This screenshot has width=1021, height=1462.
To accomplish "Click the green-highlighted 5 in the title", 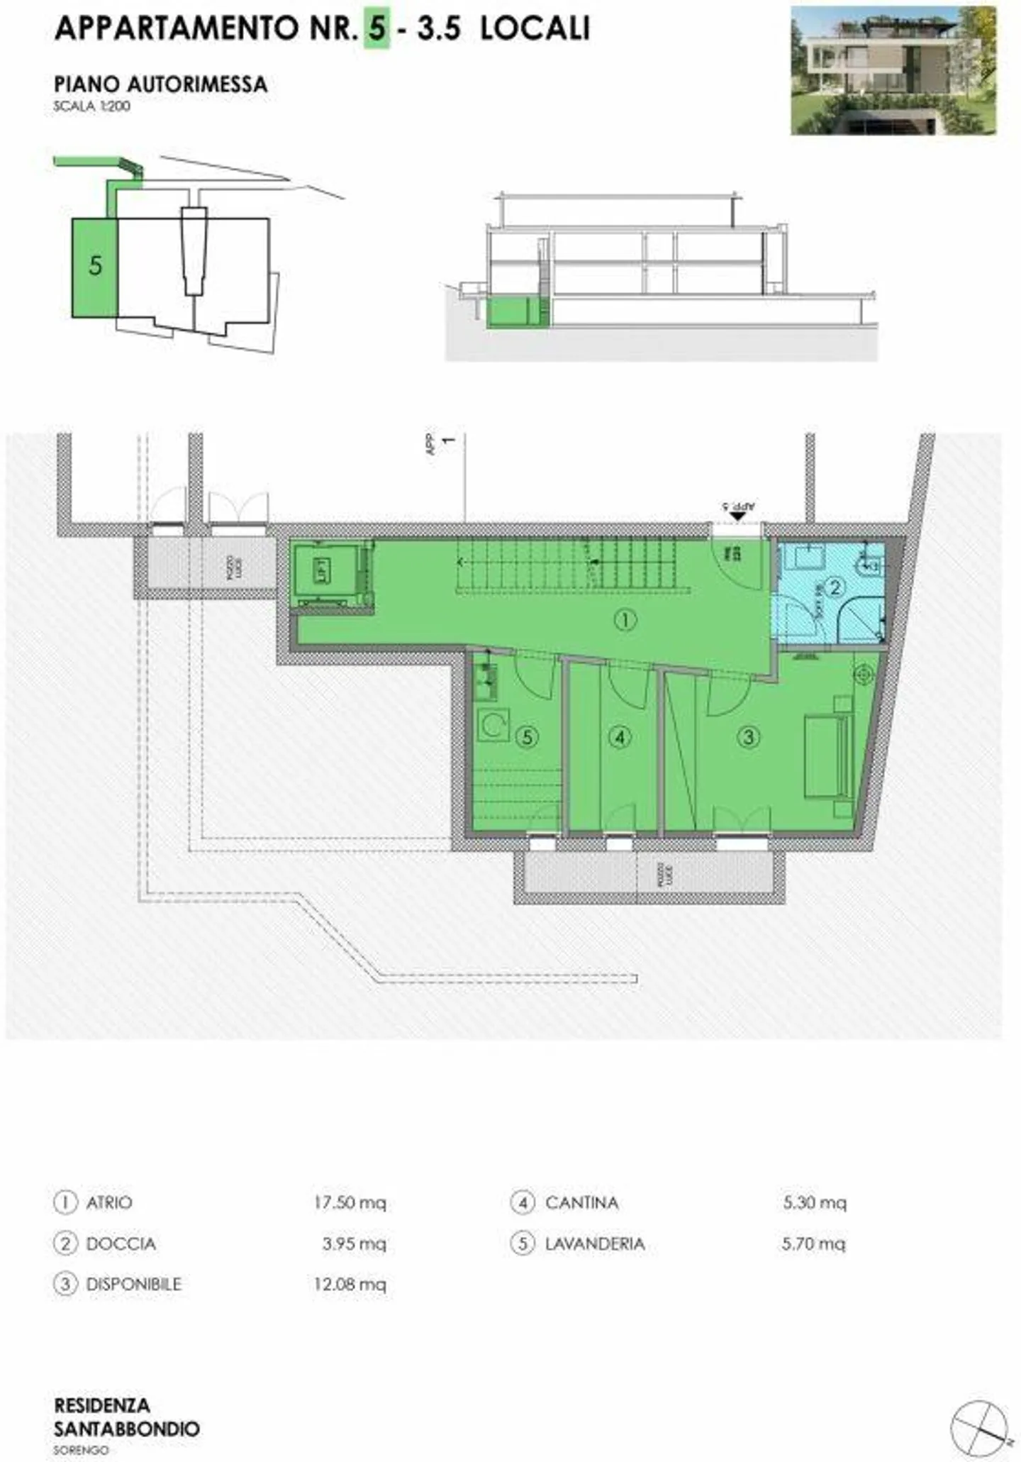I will coord(376,29).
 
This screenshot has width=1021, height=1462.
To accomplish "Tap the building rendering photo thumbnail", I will coord(893,71).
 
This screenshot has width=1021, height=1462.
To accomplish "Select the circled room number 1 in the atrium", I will coord(625,621).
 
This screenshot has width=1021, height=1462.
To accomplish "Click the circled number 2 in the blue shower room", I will coord(835,587).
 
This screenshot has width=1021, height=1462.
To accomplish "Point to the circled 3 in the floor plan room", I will coord(748,738).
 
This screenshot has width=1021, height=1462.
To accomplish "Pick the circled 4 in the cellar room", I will coord(620,738).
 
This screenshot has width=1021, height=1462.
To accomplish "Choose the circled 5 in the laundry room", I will coord(527,738).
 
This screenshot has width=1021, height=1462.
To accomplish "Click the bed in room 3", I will coord(828,756).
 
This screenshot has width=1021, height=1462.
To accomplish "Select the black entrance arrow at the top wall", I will coord(737,516).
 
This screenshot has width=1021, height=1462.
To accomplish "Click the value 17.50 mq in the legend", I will coord(350,1202).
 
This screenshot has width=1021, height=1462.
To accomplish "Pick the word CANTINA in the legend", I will coord(582,1202).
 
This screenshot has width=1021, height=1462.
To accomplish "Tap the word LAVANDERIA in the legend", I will coord(595,1244).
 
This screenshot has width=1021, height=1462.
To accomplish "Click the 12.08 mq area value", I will coord(350,1284).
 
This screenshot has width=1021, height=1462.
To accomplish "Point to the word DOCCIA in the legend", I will coord(121,1244).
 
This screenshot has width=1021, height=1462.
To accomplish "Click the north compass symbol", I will coord(979,1427).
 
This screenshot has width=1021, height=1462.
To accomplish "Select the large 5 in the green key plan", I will coord(95,266).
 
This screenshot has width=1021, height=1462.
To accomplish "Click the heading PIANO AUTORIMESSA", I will coord(161,84).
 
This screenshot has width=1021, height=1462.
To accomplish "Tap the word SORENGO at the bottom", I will coord(81,1450).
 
